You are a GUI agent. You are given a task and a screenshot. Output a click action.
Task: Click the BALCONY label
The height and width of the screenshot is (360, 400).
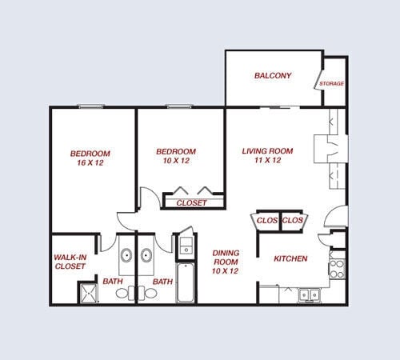(273, 76)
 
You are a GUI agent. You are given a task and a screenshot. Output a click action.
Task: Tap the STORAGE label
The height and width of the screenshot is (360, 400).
(331, 83)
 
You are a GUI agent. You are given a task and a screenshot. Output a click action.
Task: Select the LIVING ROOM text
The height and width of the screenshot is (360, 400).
(267, 150)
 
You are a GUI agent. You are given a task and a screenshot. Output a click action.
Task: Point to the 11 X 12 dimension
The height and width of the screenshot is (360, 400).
(267, 160)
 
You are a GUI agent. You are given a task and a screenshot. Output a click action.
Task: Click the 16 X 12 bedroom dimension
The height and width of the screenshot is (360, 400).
(90, 162)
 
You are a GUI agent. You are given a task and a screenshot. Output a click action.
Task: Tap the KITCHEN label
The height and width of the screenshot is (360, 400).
(290, 258)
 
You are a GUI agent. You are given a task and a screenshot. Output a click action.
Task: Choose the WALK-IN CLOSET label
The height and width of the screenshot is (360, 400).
(70, 262)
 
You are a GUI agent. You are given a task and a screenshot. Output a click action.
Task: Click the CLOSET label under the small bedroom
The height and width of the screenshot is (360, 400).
(191, 203)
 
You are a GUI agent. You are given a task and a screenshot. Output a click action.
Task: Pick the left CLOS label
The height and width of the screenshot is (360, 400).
(268, 219)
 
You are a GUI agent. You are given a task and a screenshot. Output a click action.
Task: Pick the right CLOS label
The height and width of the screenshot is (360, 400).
(294, 219)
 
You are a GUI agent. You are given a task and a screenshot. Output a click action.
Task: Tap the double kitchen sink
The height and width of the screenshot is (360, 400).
(308, 295)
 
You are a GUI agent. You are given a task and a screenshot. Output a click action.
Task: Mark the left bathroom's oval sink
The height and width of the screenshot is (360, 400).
(126, 256)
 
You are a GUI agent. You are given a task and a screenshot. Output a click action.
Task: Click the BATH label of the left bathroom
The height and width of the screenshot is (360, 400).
(112, 281)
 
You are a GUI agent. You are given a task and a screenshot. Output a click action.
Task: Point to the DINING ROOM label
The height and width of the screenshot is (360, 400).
(226, 257)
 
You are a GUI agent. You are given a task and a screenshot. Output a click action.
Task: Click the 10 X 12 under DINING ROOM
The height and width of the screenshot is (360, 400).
(226, 271)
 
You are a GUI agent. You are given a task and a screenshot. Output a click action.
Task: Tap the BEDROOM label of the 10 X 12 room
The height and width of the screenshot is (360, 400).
(176, 152)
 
